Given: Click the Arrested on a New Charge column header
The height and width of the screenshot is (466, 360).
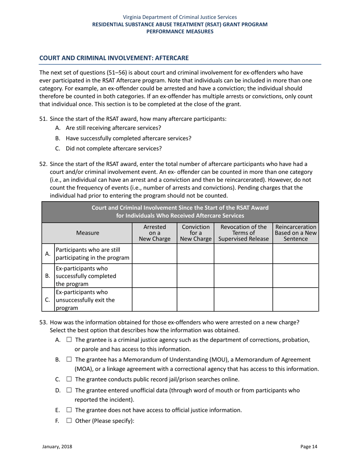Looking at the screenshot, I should [x=154, y=233].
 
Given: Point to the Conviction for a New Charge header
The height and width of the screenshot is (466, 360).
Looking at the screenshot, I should [x=195, y=233].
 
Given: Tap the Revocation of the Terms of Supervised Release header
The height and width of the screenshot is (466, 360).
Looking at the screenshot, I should [x=243, y=233].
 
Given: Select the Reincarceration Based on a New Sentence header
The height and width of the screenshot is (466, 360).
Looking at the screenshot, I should [x=296, y=233].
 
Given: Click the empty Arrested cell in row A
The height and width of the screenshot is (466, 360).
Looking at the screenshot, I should [x=154, y=253].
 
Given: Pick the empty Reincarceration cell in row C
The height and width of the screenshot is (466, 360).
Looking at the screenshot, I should [x=296, y=300].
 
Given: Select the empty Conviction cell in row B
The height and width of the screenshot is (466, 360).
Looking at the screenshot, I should [x=195, y=277].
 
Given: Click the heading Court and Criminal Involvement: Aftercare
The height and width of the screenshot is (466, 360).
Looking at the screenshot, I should [x=114, y=58].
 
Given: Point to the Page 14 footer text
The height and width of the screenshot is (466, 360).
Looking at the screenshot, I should [x=309, y=447].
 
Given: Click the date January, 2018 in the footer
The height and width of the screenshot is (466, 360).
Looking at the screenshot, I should [x=57, y=447].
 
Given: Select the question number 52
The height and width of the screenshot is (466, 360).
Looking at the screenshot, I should [x=44, y=164].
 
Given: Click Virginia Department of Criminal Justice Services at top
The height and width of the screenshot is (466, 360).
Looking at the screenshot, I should [x=180, y=17].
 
